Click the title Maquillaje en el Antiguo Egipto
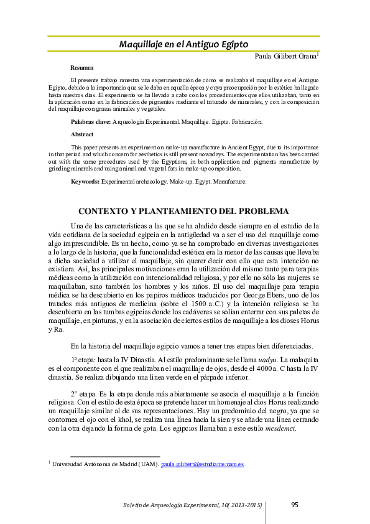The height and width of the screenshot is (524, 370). click(x=183, y=45)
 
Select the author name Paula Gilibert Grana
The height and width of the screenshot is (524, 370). click(x=285, y=57)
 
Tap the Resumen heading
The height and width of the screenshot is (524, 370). click(x=82, y=67)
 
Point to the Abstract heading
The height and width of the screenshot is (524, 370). click(x=82, y=134)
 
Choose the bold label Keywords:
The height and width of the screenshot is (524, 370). click(x=85, y=181)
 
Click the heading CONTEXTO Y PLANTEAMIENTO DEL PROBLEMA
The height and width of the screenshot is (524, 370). click(x=183, y=211)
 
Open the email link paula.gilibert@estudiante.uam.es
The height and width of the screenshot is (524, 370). click(x=202, y=464)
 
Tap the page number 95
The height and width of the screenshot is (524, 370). click(x=296, y=504)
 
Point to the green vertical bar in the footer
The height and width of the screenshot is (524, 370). click(x=266, y=512)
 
